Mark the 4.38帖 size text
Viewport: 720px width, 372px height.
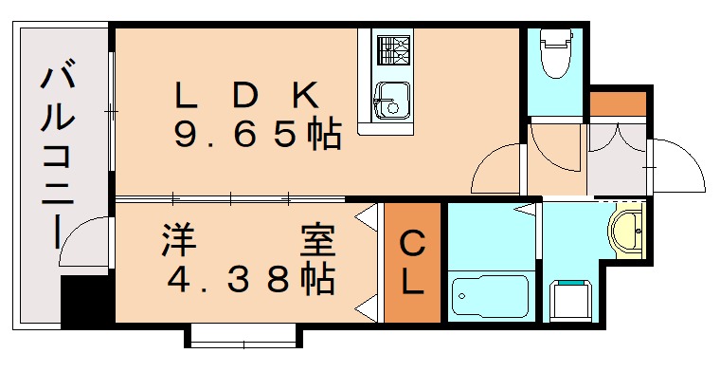[250, 279]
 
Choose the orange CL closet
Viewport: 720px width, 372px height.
[412, 263]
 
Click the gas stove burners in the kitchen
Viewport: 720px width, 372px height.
[391, 48]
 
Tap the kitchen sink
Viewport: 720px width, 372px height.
[390, 99]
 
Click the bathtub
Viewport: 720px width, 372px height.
[490, 296]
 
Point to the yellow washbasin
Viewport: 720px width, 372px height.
[626, 230]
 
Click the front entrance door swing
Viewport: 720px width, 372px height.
[677, 167]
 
